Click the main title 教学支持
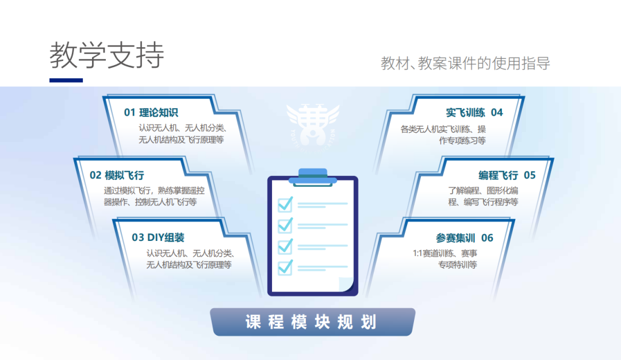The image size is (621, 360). point(107,55)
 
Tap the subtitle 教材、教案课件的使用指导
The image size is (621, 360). point(465,63)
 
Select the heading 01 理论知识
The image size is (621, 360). point(151,113)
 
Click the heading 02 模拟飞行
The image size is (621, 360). point(117,175)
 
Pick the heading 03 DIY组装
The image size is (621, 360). point(158,238)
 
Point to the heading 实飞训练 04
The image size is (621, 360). point(474,113)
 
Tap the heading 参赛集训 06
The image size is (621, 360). point(465,238)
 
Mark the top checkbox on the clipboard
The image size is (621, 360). point(286,204)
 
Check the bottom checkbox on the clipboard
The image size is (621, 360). point(286,267)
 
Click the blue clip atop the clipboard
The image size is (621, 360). point(313,177)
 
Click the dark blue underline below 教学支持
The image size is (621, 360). point(66,81)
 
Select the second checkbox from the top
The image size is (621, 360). point(286,225)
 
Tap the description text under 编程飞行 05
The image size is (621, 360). point(484,196)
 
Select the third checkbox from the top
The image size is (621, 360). point(286,246)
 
